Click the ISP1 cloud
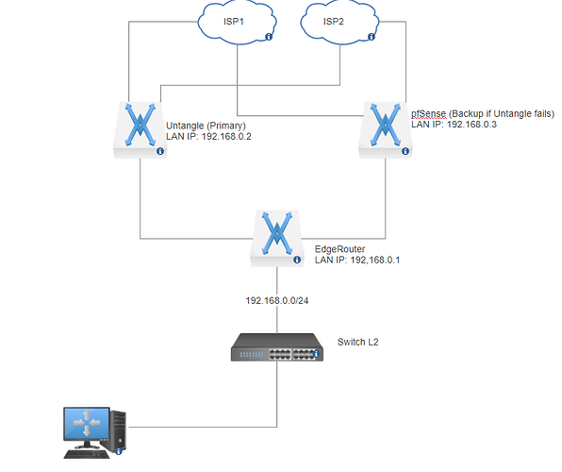click(237, 23)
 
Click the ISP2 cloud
click(339, 23)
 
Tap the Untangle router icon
click(140, 130)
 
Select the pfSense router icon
click(386, 130)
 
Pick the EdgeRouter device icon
click(277, 239)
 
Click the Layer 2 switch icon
click(277, 347)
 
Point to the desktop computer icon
click(95, 433)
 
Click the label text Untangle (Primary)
click(207, 126)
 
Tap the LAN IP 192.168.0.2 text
click(208, 136)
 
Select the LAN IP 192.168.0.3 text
click(454, 125)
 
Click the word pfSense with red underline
click(429, 114)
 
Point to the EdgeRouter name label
click(339, 249)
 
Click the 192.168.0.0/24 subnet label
click(277, 300)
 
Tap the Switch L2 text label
click(357, 342)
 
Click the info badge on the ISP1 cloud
click(269, 37)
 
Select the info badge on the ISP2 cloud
click(372, 37)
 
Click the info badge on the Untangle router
click(160, 151)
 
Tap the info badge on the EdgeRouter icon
click(297, 260)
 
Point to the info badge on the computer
click(119, 452)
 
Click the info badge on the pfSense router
click(405, 151)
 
